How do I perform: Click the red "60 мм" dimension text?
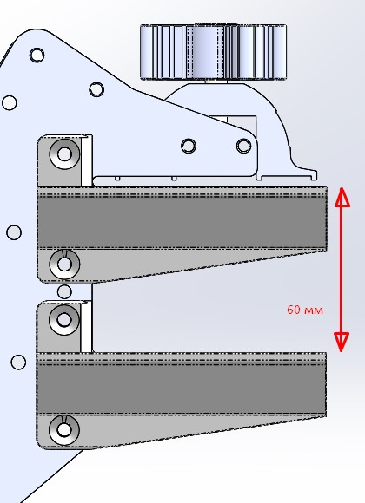(x=305, y=310)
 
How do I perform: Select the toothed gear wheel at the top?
(x=213, y=51)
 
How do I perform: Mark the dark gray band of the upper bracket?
(x=182, y=224)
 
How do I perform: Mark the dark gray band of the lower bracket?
(x=182, y=389)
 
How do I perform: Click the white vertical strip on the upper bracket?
(x=87, y=161)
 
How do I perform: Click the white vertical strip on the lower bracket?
(x=86, y=327)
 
